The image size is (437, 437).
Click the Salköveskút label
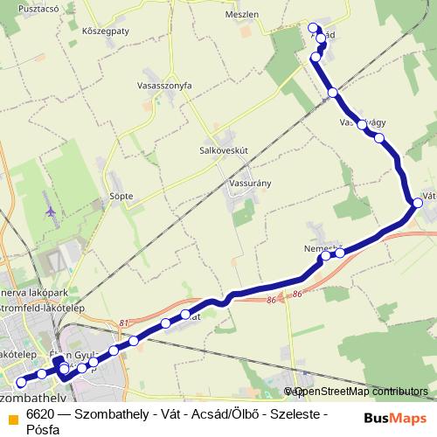tap(225, 149)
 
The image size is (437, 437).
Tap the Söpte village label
tap(121, 196)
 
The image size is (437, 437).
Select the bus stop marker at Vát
tap(418, 203)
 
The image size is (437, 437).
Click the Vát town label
tap(428, 196)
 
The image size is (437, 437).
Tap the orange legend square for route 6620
tap(11, 414)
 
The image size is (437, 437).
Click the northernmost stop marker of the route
tap(316, 26)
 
